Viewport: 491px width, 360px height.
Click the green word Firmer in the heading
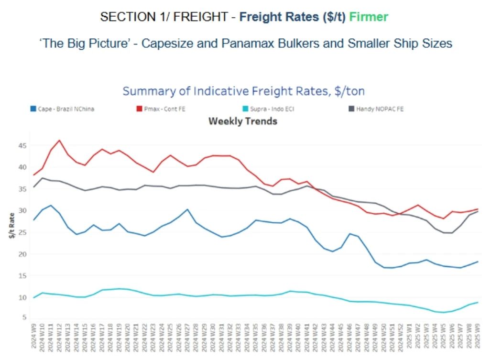(369, 17)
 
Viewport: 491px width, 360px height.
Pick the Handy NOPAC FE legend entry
(380, 109)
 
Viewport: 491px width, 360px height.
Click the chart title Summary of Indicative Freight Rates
(244, 91)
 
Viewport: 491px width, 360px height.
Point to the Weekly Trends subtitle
(243, 121)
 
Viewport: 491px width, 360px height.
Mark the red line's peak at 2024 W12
(59, 141)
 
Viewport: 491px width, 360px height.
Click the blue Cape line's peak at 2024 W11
(51, 206)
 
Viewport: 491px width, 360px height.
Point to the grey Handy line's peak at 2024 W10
(43, 178)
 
